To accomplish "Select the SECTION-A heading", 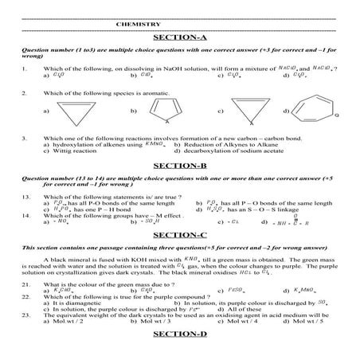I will click(x=179, y=37).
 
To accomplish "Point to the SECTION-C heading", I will click(x=179, y=236).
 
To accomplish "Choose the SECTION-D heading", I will click(x=179, y=347).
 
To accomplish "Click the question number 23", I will click(x=26, y=318).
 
